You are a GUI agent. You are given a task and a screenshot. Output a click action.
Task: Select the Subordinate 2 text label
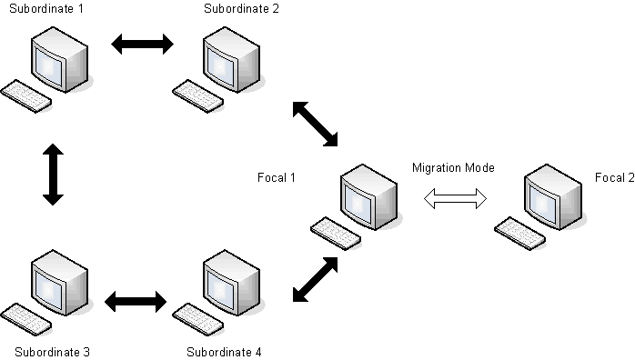click(242, 10)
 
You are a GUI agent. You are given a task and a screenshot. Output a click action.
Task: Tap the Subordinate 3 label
click(52, 351)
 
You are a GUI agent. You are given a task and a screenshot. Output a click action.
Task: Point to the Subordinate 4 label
click(225, 351)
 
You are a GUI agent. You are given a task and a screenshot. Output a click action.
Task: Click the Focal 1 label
click(277, 176)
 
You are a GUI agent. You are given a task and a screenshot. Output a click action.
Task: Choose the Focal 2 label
click(614, 176)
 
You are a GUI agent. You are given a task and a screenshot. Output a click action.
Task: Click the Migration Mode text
click(453, 167)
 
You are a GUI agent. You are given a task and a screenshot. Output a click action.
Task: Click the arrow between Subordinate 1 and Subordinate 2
click(141, 44)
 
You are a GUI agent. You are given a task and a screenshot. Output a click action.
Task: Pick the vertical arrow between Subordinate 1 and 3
click(52, 174)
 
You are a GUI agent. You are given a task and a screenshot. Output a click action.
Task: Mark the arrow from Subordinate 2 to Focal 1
click(315, 123)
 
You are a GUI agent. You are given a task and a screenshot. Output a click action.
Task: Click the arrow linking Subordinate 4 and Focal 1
click(315, 278)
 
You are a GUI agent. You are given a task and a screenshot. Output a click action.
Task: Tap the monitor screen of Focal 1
click(358, 194)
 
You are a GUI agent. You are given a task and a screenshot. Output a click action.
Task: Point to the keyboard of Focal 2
click(519, 234)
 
